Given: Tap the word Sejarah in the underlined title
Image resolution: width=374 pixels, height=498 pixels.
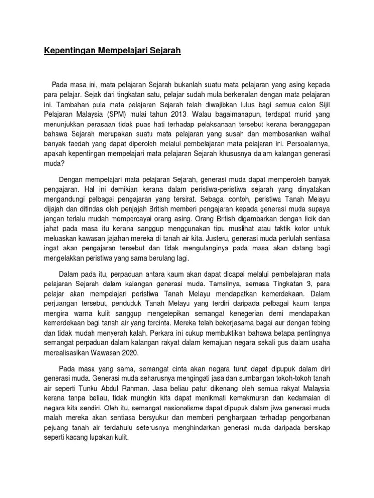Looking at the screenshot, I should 164,50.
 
